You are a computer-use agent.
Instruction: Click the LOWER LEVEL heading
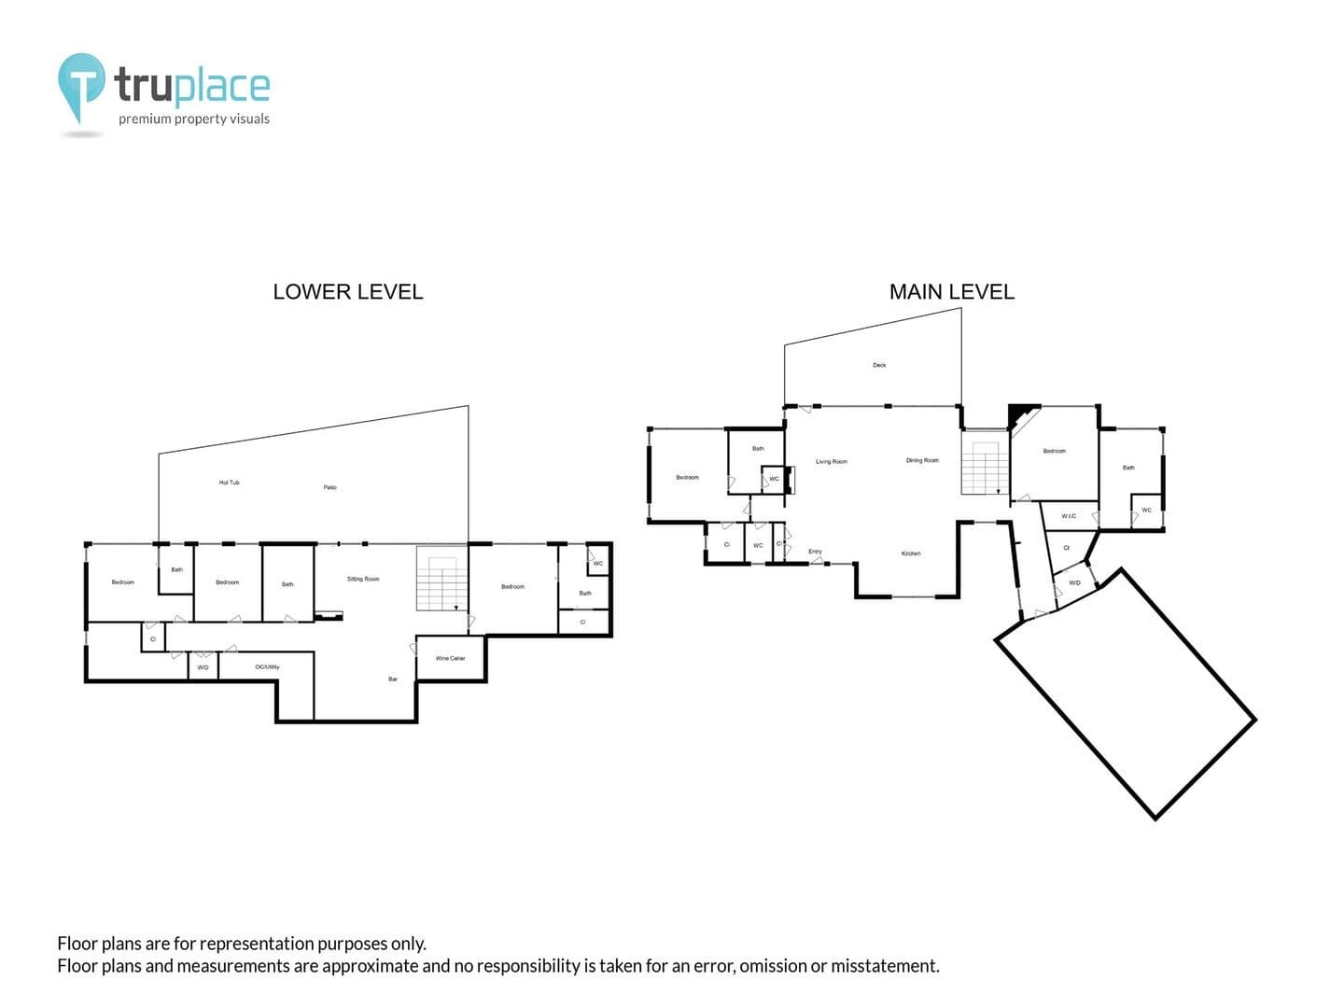(x=347, y=292)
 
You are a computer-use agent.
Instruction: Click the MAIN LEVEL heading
(x=951, y=292)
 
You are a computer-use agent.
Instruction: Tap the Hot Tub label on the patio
(x=229, y=483)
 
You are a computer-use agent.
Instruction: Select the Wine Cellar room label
(x=450, y=658)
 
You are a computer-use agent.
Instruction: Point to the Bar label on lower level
(x=393, y=679)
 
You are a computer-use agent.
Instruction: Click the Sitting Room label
(x=363, y=579)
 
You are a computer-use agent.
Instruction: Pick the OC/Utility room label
(x=267, y=666)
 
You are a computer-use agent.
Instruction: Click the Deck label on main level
(x=879, y=365)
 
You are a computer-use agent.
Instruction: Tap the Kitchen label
(x=911, y=553)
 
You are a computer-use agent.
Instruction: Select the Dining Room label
(x=922, y=460)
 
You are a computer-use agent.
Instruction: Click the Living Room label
(x=831, y=461)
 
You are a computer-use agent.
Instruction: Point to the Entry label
(x=815, y=552)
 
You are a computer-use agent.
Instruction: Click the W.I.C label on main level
(x=1069, y=516)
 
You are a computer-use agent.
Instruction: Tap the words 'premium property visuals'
(x=193, y=119)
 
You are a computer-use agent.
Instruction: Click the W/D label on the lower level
(x=203, y=667)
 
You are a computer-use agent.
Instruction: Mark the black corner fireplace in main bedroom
(x=1020, y=413)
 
